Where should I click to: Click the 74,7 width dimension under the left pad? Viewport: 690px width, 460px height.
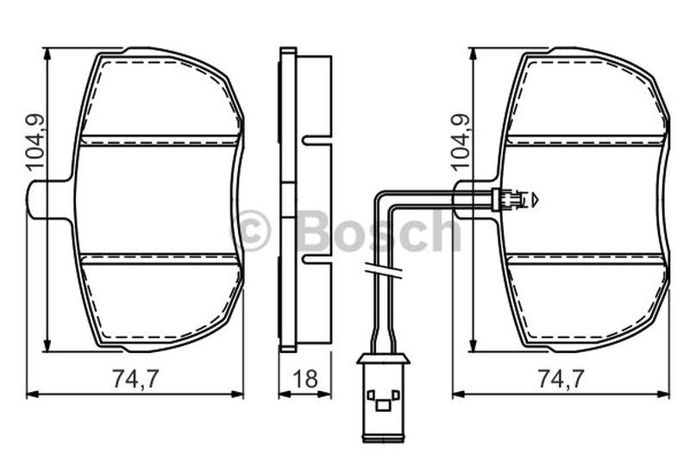(x=135, y=379)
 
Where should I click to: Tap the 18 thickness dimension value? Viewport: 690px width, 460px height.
(x=305, y=379)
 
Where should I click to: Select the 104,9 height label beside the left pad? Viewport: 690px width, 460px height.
(x=35, y=142)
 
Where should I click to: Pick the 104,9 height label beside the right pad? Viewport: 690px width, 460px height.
(x=461, y=142)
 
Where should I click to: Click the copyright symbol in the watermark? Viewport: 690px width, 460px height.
(x=250, y=230)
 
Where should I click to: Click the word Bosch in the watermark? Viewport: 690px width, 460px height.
(x=379, y=230)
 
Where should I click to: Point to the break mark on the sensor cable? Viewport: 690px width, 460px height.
(x=383, y=270)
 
